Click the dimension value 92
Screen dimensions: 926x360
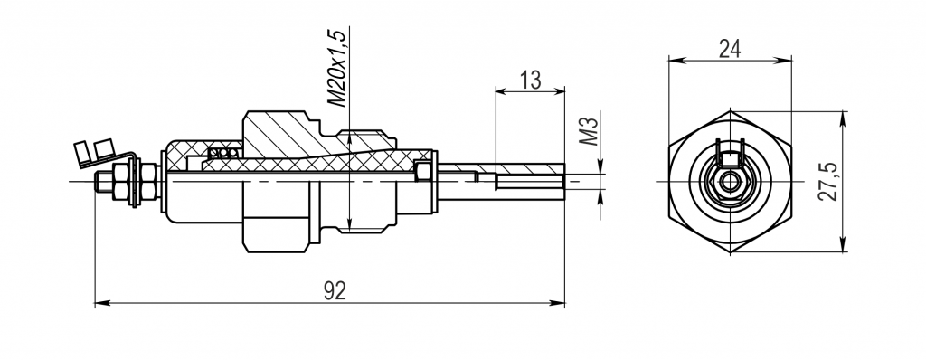click(335, 290)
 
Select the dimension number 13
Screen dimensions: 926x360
click(530, 80)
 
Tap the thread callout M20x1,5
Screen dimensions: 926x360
click(337, 68)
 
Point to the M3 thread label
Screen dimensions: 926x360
click(589, 131)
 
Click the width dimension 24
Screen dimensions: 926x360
click(730, 49)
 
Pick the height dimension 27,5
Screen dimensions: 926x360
click(828, 182)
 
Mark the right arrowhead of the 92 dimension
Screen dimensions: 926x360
click(557, 303)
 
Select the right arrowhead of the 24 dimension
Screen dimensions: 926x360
click(784, 60)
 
